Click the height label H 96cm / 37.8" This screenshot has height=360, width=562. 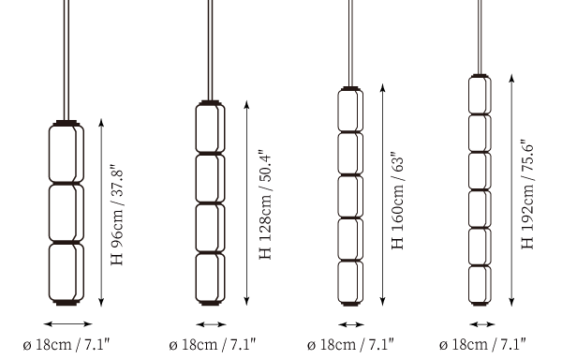[117, 216]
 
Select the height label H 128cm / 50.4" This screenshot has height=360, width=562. [266, 204]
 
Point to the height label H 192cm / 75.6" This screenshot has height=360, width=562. [527, 194]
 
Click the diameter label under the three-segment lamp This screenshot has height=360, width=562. [66, 345]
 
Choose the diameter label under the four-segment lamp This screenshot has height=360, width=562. [213, 345]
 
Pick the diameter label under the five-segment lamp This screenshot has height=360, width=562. [350, 345]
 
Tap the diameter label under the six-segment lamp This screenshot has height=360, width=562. [482, 345]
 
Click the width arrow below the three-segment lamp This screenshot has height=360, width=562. [67, 324]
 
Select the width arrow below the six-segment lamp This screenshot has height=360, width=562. [482, 325]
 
